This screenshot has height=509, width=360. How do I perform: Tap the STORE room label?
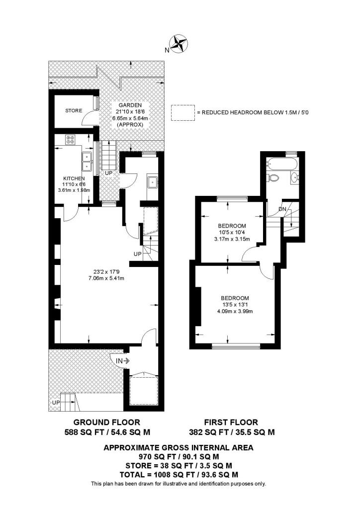(x=74, y=110)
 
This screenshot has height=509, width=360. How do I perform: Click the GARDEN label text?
(x=130, y=105)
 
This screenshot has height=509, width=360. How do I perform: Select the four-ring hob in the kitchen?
(x=70, y=140)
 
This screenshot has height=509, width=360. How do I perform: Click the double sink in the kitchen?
(x=87, y=159)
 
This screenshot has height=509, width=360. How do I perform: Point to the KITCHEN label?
(x=74, y=178)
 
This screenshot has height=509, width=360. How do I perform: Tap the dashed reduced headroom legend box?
(x=182, y=112)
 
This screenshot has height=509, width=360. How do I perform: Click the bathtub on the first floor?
(x=281, y=164)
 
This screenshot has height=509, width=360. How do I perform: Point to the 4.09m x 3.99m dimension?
(x=235, y=312)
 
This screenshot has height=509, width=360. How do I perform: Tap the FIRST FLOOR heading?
(x=232, y=423)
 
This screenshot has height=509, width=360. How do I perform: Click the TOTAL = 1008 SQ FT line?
(x=178, y=474)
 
